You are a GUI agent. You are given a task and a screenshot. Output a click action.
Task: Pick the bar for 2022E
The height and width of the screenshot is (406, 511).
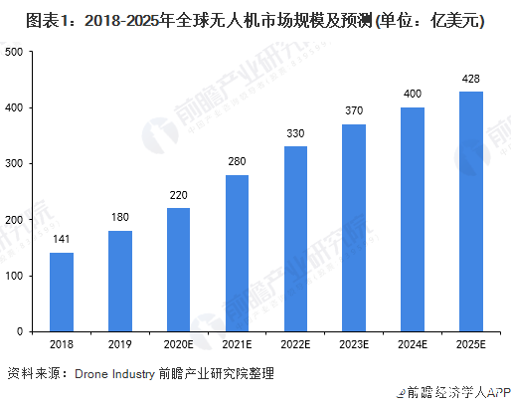(x=296, y=238)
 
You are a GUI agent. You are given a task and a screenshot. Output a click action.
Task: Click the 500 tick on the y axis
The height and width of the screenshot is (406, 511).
(x=15, y=52)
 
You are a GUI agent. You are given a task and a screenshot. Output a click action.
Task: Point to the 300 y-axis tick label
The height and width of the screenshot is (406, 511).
(x=15, y=163)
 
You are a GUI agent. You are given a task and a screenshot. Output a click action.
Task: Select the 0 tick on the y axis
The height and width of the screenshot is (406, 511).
(x=21, y=331)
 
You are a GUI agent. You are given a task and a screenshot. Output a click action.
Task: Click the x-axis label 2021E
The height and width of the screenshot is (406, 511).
(x=238, y=344)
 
